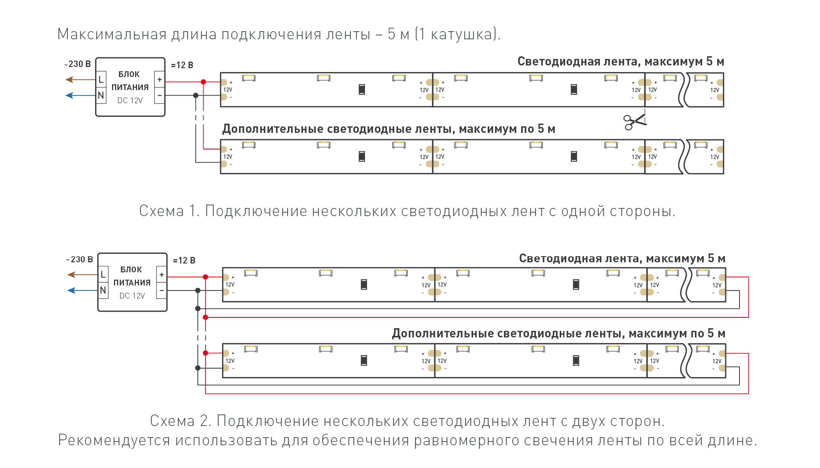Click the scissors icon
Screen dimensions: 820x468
coord(635,122)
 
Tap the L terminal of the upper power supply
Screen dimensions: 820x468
coord(101,80)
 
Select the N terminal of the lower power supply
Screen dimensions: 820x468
coord(103,290)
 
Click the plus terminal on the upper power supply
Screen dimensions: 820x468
coord(159,80)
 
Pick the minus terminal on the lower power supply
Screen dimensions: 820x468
coord(162,290)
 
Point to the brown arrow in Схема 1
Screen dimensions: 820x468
coord(80,80)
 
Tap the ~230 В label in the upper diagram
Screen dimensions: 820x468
coord(77,64)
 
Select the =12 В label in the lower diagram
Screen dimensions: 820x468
coord(184,260)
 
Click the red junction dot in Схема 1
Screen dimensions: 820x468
coord(203,82)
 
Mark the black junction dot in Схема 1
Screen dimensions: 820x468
coord(196,96)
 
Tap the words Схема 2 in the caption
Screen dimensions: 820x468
coord(181,421)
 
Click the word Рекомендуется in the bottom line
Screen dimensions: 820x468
coord(114,440)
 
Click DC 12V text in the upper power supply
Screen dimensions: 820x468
coord(130,101)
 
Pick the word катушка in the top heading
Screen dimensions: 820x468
coord(461,34)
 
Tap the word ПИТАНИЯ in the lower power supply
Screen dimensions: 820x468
coord(132,283)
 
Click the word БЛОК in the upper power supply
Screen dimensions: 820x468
coord(129,74)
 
